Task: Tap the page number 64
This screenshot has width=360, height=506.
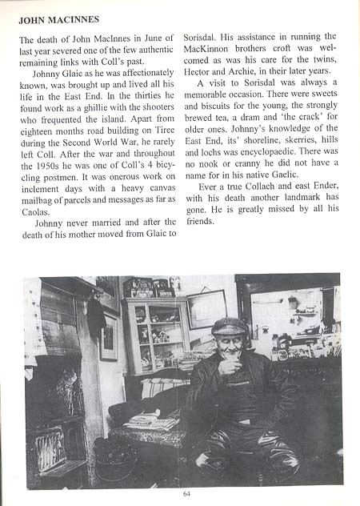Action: [x=186, y=493]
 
